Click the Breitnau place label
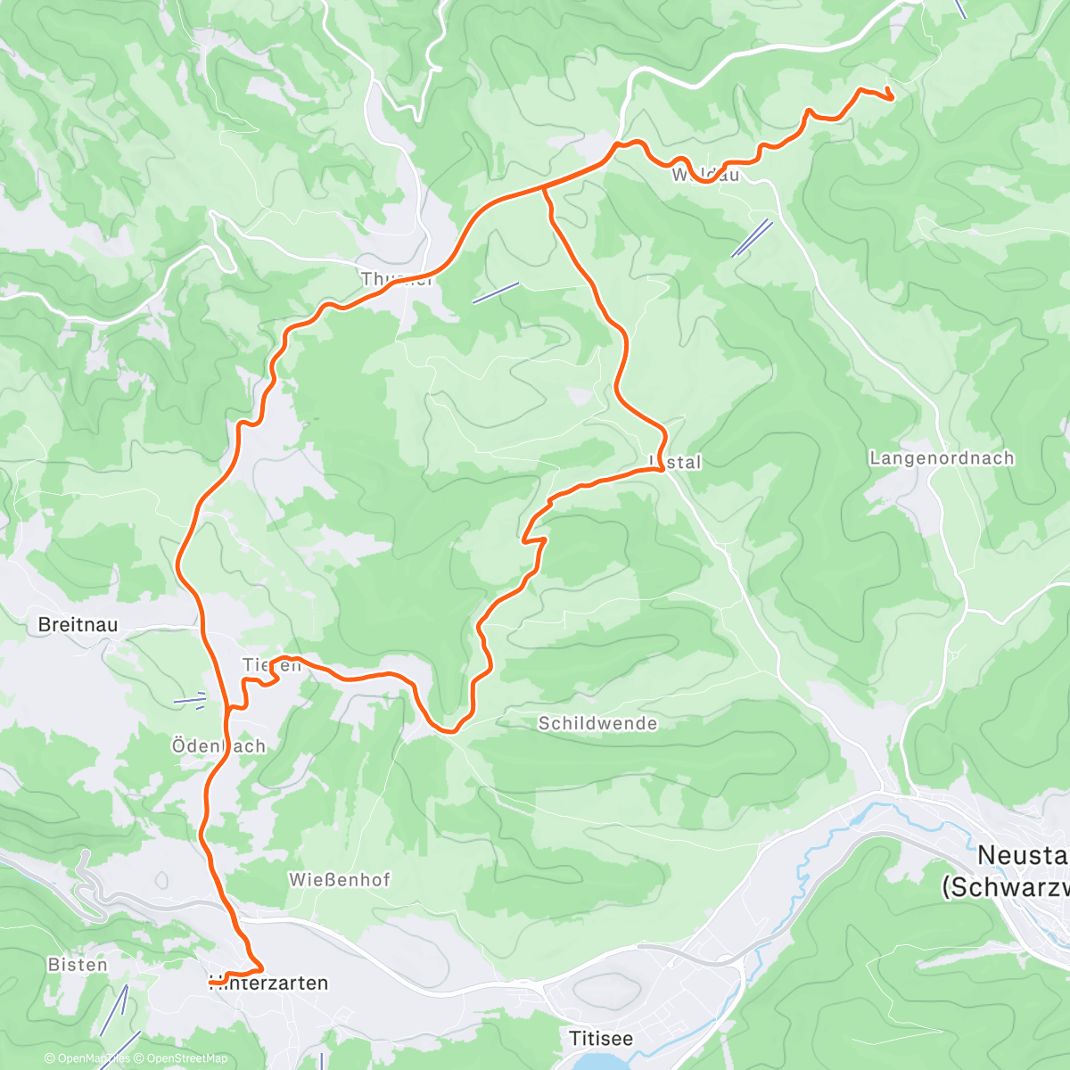click(x=78, y=625)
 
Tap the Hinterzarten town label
click(x=268, y=984)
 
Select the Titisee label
click(x=601, y=1039)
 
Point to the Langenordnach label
click(x=942, y=458)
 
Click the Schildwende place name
click(x=597, y=723)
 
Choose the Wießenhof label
click(x=339, y=880)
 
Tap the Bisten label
click(x=78, y=965)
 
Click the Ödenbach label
click(x=218, y=746)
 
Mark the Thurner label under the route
click(x=397, y=280)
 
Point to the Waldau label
click(x=705, y=175)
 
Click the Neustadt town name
click(x=1021, y=870)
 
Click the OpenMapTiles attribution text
click(x=87, y=1058)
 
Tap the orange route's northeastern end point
click(x=891, y=97)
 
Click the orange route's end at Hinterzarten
click(x=211, y=982)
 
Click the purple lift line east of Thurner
click(x=495, y=293)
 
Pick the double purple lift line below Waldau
click(x=752, y=238)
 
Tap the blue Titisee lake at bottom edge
click(x=599, y=1062)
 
